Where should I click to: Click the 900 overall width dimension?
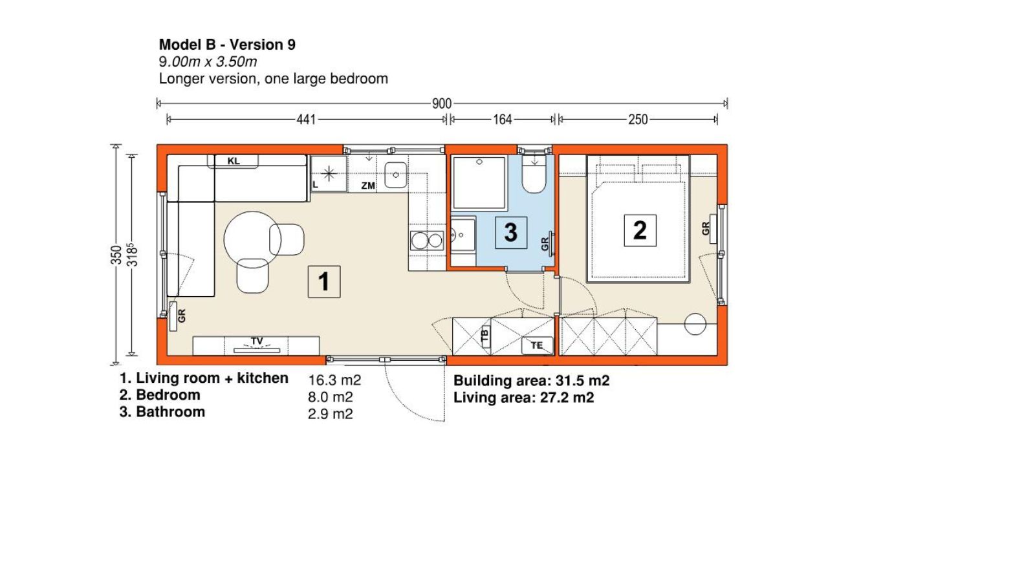(441, 103)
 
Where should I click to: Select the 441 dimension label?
(306, 120)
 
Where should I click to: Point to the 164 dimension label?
(502, 120)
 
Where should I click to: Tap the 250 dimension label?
(638, 120)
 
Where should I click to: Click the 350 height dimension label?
(116, 255)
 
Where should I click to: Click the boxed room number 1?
(324, 281)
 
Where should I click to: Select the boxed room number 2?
(640, 230)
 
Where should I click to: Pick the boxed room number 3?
(510, 232)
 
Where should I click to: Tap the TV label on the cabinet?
(257, 341)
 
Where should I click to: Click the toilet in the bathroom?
(534, 175)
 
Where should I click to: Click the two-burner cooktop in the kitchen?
(427, 241)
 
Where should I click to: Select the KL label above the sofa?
(234, 161)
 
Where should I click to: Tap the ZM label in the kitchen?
(368, 186)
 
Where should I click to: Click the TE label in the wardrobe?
(536, 345)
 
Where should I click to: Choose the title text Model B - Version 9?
(227, 45)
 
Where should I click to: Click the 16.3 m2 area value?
(334, 380)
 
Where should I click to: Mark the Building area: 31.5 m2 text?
(531, 381)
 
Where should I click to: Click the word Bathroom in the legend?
(171, 411)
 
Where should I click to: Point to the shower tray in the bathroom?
(479, 183)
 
